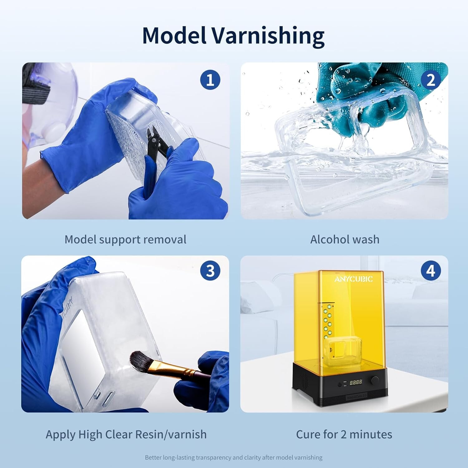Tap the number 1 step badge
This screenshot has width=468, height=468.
(x=210, y=80)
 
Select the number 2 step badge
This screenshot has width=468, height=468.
(x=431, y=80)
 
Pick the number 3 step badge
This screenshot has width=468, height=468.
(x=210, y=271)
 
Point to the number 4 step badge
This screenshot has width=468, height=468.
(x=431, y=271)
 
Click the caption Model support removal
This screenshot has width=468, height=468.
(x=125, y=240)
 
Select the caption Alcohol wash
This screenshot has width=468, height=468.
(x=345, y=240)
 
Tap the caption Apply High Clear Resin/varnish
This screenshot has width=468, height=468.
(x=126, y=434)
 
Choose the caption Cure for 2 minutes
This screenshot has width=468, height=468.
(x=344, y=434)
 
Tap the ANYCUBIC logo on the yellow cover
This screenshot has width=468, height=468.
(x=353, y=279)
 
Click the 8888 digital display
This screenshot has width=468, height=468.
(x=356, y=382)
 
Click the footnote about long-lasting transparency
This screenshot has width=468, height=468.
(x=234, y=458)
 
